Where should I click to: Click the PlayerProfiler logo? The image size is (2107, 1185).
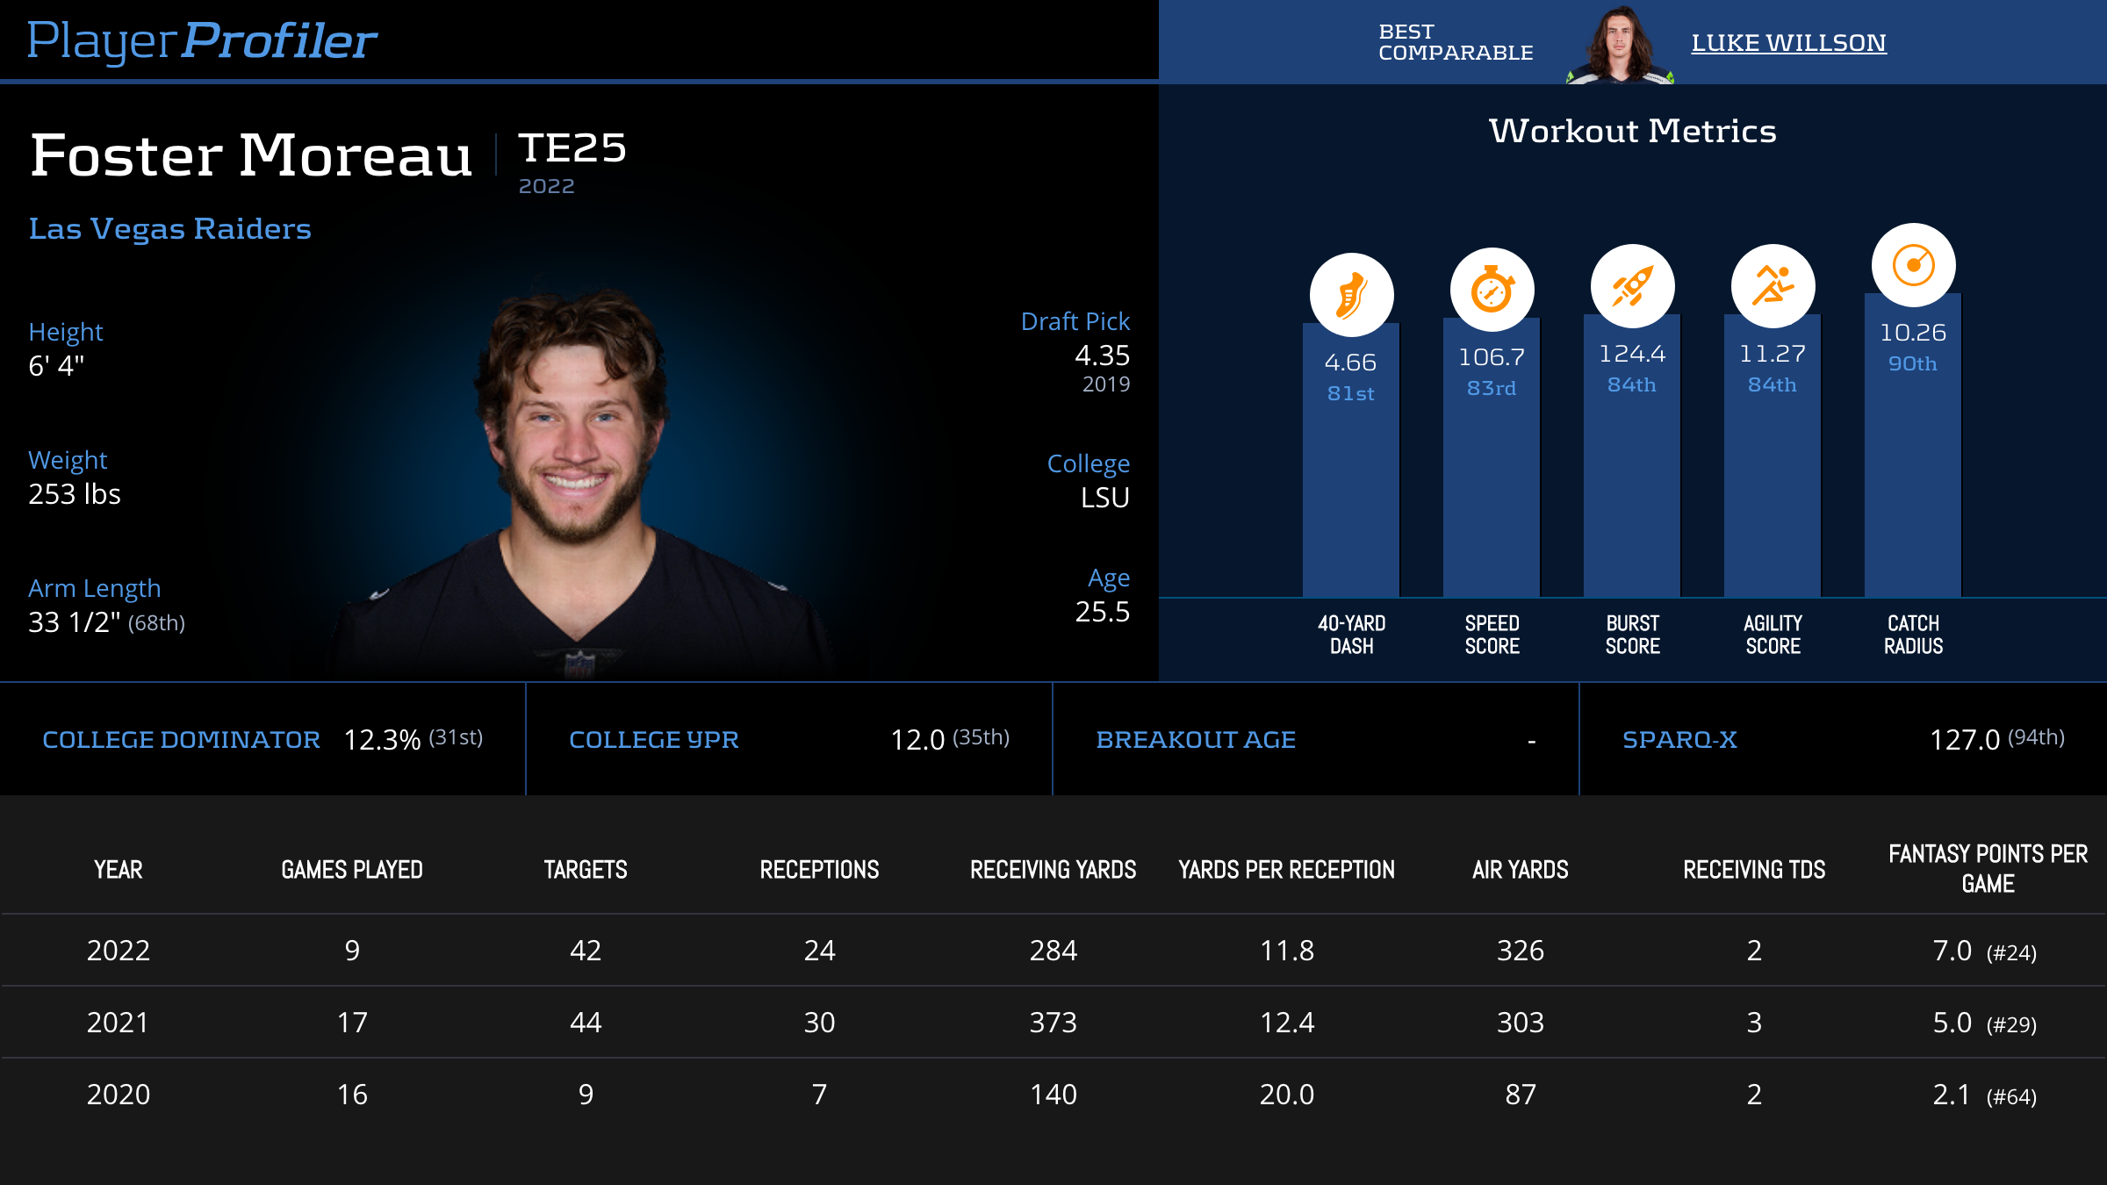tap(202, 40)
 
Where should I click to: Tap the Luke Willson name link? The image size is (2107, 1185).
tap(1788, 42)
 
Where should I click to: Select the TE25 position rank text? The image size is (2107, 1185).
tap(572, 147)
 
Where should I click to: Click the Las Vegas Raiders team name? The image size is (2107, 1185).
tap(169, 228)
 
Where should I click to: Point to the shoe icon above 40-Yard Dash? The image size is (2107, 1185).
tap(1351, 295)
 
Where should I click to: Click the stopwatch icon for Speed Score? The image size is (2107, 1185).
tap(1492, 290)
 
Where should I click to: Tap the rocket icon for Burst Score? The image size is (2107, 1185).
tap(1632, 286)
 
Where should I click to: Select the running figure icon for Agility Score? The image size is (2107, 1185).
tap(1773, 286)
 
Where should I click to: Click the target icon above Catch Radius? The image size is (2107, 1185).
tap(1913, 265)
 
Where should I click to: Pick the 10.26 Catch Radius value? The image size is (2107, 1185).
tap(1913, 333)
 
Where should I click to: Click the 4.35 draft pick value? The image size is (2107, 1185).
tap(1102, 355)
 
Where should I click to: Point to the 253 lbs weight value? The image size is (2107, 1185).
tap(75, 494)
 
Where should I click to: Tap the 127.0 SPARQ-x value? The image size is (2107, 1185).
tap(1964, 740)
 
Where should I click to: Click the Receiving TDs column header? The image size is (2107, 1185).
tap(1754, 870)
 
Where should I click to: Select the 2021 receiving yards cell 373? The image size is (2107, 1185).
tap(1053, 1023)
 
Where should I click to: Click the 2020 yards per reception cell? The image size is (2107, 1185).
tap(1286, 1095)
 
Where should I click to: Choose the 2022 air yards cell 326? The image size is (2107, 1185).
tap(1520, 951)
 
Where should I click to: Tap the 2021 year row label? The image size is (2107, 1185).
tap(118, 1023)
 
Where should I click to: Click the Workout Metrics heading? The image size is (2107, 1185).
tap(1632, 131)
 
